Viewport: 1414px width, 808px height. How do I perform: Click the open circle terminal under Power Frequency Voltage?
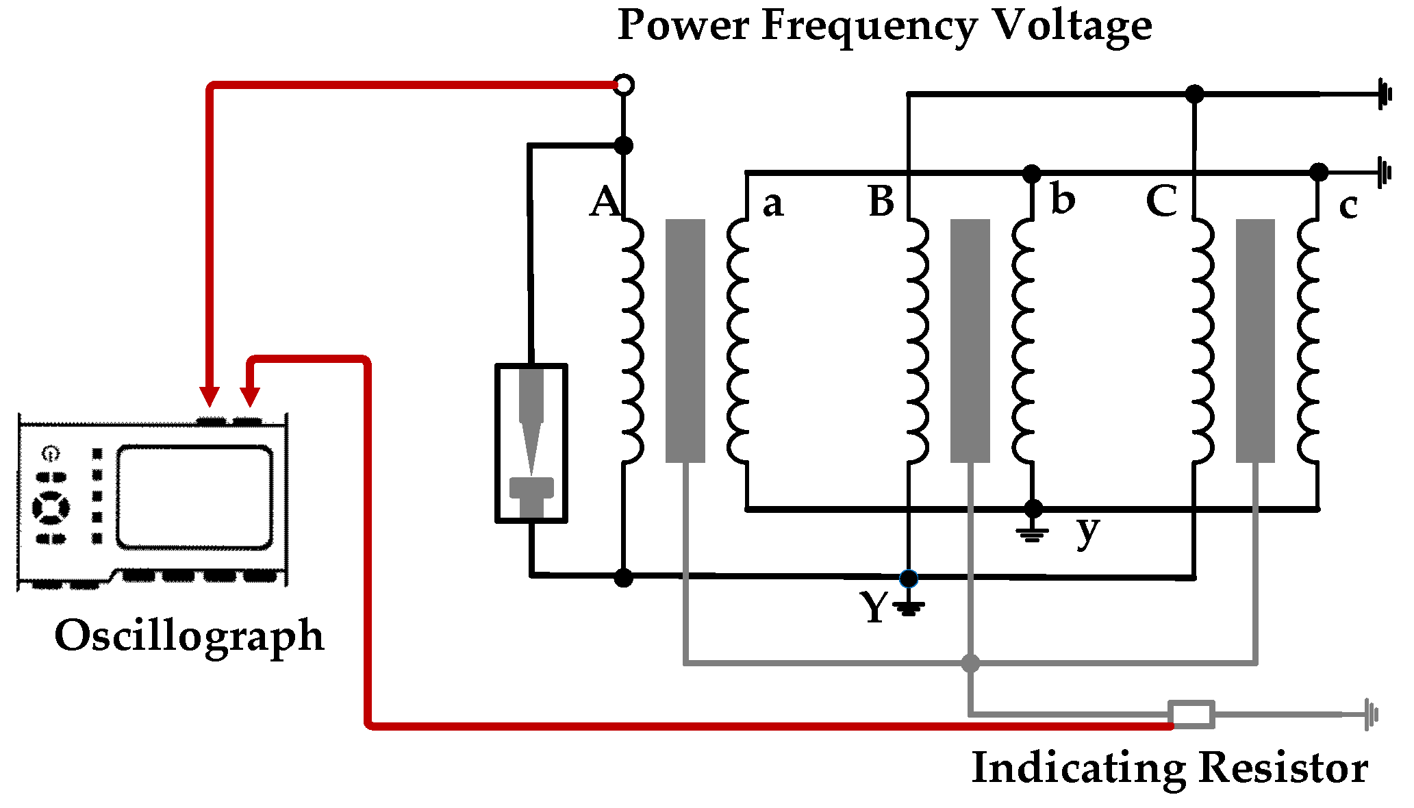pos(624,85)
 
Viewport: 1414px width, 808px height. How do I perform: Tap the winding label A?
pos(605,202)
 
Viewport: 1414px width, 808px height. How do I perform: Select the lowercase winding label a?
pos(772,204)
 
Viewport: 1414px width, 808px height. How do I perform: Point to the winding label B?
pos(881,201)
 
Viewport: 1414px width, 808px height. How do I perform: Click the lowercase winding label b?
pos(1062,200)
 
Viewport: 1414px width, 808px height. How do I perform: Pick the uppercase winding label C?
pos(1162,201)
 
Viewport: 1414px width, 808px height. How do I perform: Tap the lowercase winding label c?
pos(1348,206)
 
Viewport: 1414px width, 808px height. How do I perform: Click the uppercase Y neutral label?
pos(874,607)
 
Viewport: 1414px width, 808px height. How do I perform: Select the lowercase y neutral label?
pos(1087,531)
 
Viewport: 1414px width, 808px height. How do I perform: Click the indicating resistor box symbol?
pos(1191,714)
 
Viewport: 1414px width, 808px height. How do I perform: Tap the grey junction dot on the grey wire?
pos(970,663)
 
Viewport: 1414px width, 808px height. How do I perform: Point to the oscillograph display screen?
pos(194,497)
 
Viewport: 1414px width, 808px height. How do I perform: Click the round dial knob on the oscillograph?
pos(51,507)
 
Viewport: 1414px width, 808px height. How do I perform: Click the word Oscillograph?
pos(189,637)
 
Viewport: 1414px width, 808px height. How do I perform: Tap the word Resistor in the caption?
pos(1283,768)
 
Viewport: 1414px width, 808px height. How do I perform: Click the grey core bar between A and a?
pos(685,340)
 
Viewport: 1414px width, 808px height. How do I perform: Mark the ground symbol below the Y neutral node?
pos(909,607)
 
